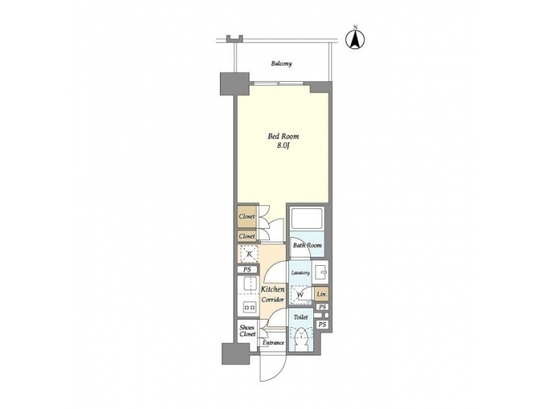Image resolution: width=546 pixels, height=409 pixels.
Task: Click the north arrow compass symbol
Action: tap(353, 38)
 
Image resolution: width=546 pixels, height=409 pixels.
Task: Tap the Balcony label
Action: tap(282, 64)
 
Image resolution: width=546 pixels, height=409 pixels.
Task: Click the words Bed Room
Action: tap(283, 137)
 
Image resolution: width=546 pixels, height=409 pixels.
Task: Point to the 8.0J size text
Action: tap(283, 147)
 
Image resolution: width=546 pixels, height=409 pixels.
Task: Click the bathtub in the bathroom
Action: tap(309, 219)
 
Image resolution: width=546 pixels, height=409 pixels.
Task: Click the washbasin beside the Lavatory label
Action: tap(322, 271)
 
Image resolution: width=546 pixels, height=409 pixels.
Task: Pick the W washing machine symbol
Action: tap(301, 294)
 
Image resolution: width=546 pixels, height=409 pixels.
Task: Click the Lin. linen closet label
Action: tap(322, 294)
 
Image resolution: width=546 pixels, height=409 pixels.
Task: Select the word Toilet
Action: tap(301, 318)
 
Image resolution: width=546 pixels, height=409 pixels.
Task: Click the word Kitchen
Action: tap(273, 290)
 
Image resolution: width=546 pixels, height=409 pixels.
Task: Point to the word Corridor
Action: tap(273, 300)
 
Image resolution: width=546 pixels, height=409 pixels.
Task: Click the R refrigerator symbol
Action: tap(249, 255)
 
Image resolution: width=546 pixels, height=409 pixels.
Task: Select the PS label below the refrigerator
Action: tap(247, 270)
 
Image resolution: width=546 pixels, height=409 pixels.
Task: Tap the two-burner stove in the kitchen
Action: tap(249, 307)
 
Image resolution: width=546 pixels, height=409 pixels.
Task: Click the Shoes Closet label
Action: tap(247, 331)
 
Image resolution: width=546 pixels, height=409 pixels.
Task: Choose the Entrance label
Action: tap(273, 343)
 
